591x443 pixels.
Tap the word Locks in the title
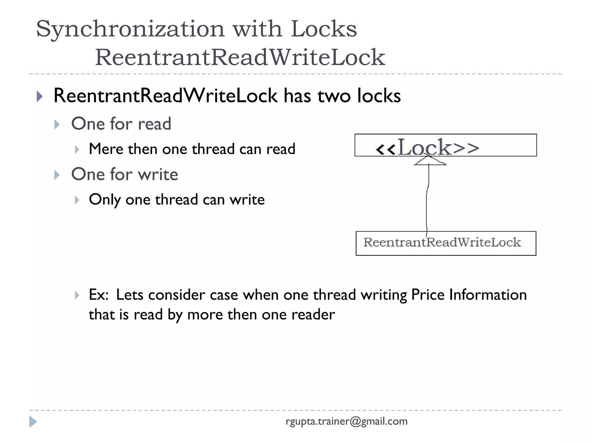tap(324, 29)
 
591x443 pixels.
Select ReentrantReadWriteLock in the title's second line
tap(240, 57)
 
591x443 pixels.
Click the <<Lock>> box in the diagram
tap(445, 145)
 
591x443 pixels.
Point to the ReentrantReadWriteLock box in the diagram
tap(446, 243)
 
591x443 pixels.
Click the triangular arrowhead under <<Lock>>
tap(430, 161)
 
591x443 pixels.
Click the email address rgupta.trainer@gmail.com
tap(347, 421)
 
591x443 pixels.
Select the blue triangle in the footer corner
tap(33, 422)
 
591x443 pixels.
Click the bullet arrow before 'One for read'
tap(57, 125)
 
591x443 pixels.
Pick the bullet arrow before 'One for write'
tap(57, 175)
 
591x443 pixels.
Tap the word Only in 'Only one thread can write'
tap(105, 200)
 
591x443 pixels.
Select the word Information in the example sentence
tap(488, 295)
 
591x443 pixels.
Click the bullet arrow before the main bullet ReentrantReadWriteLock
tap(40, 96)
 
